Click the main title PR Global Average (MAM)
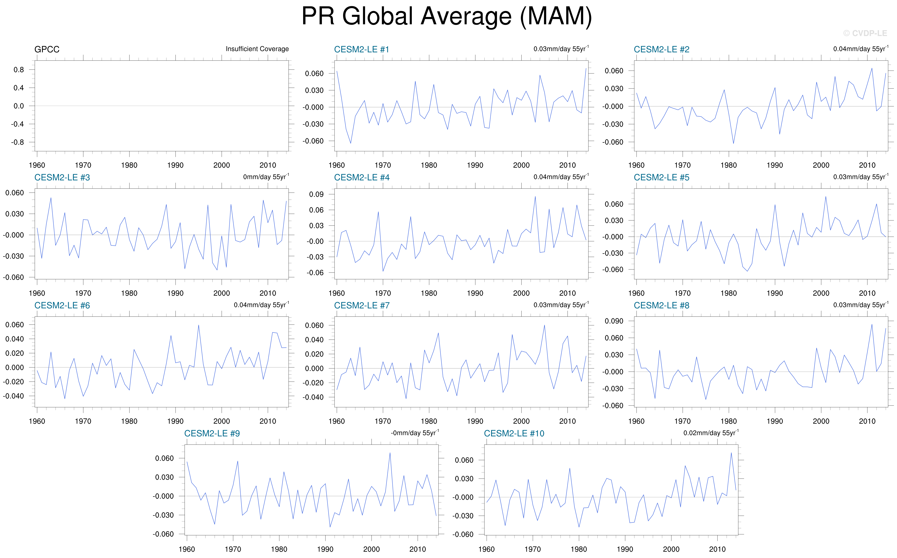447,17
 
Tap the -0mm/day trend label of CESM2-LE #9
415,433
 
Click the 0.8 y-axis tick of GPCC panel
19,70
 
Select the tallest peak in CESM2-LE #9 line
390,453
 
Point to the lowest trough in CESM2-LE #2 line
734,144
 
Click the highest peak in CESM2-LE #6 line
199,325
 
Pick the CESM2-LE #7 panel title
361,306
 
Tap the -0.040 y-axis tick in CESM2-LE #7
313,397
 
